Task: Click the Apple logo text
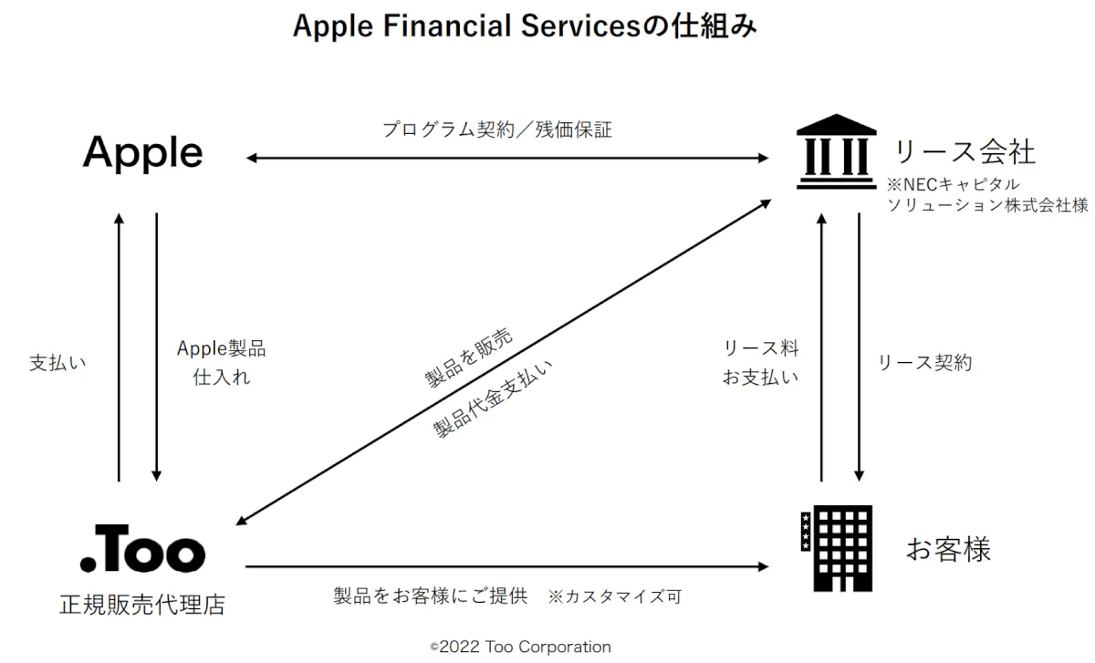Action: click(x=142, y=153)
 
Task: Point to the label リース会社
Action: click(x=965, y=151)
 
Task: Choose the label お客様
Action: click(x=948, y=550)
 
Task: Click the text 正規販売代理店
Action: click(x=141, y=604)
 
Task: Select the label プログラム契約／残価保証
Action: click(x=497, y=129)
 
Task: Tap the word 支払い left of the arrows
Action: click(x=57, y=363)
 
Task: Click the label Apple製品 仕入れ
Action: click(x=222, y=363)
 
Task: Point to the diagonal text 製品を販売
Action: click(x=468, y=356)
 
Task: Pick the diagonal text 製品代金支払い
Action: click(x=493, y=399)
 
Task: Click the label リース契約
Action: click(x=924, y=363)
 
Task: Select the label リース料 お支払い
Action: click(x=760, y=363)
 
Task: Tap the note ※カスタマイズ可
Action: click(x=614, y=597)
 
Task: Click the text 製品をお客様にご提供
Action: click(x=431, y=597)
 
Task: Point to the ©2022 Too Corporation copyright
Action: click(x=520, y=647)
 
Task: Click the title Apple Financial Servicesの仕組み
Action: click(x=524, y=27)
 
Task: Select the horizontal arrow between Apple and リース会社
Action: click(x=507, y=159)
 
